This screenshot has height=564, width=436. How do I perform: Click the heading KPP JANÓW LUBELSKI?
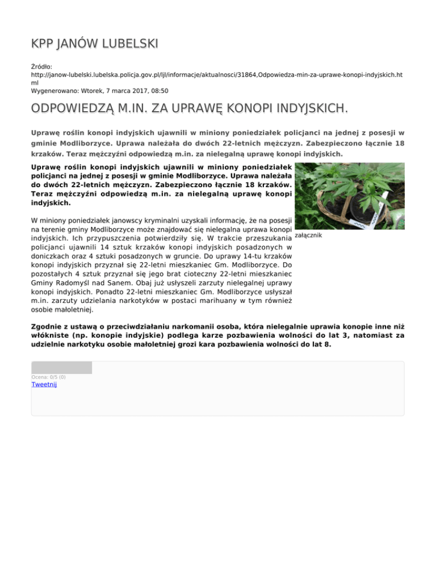(94, 44)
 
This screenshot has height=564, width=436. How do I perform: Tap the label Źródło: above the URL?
(42, 66)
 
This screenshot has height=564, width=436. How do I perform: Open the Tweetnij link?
(44, 384)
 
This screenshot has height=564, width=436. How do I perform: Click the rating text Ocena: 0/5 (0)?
(49, 377)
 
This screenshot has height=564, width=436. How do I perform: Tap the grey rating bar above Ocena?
(61, 367)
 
